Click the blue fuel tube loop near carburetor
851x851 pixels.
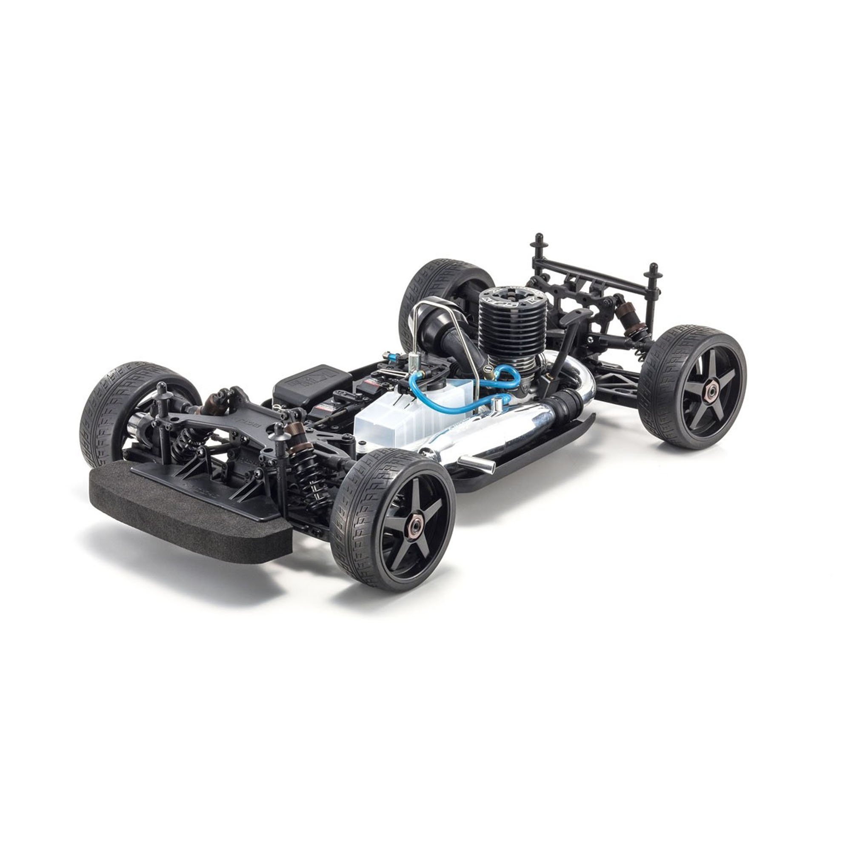[506, 383]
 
